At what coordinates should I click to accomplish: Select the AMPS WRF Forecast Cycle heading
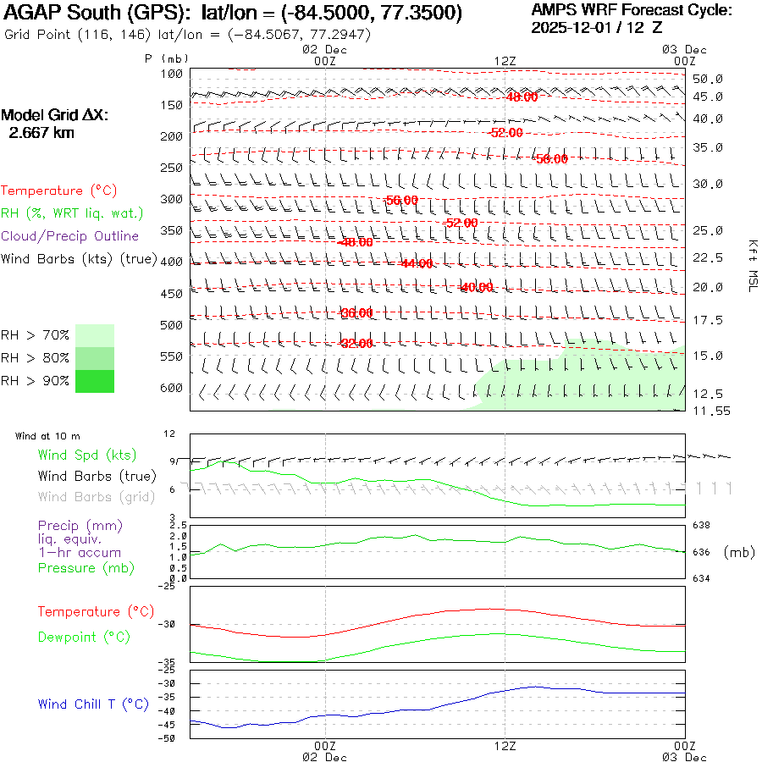click(x=632, y=10)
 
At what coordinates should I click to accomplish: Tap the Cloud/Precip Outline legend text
click(x=70, y=235)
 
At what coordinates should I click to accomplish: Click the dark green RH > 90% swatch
click(x=95, y=382)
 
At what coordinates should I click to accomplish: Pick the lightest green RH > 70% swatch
click(x=95, y=335)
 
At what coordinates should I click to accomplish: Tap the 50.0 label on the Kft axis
click(x=708, y=79)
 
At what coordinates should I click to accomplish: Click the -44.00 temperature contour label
click(x=417, y=263)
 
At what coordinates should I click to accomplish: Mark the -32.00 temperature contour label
click(x=356, y=343)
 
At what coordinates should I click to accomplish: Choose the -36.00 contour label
click(x=356, y=312)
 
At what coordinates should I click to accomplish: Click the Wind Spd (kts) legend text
click(x=86, y=456)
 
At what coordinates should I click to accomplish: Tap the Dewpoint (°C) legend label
click(x=84, y=637)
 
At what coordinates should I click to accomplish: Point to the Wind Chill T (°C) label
click(x=92, y=704)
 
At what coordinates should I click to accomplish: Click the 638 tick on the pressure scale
click(x=701, y=526)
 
